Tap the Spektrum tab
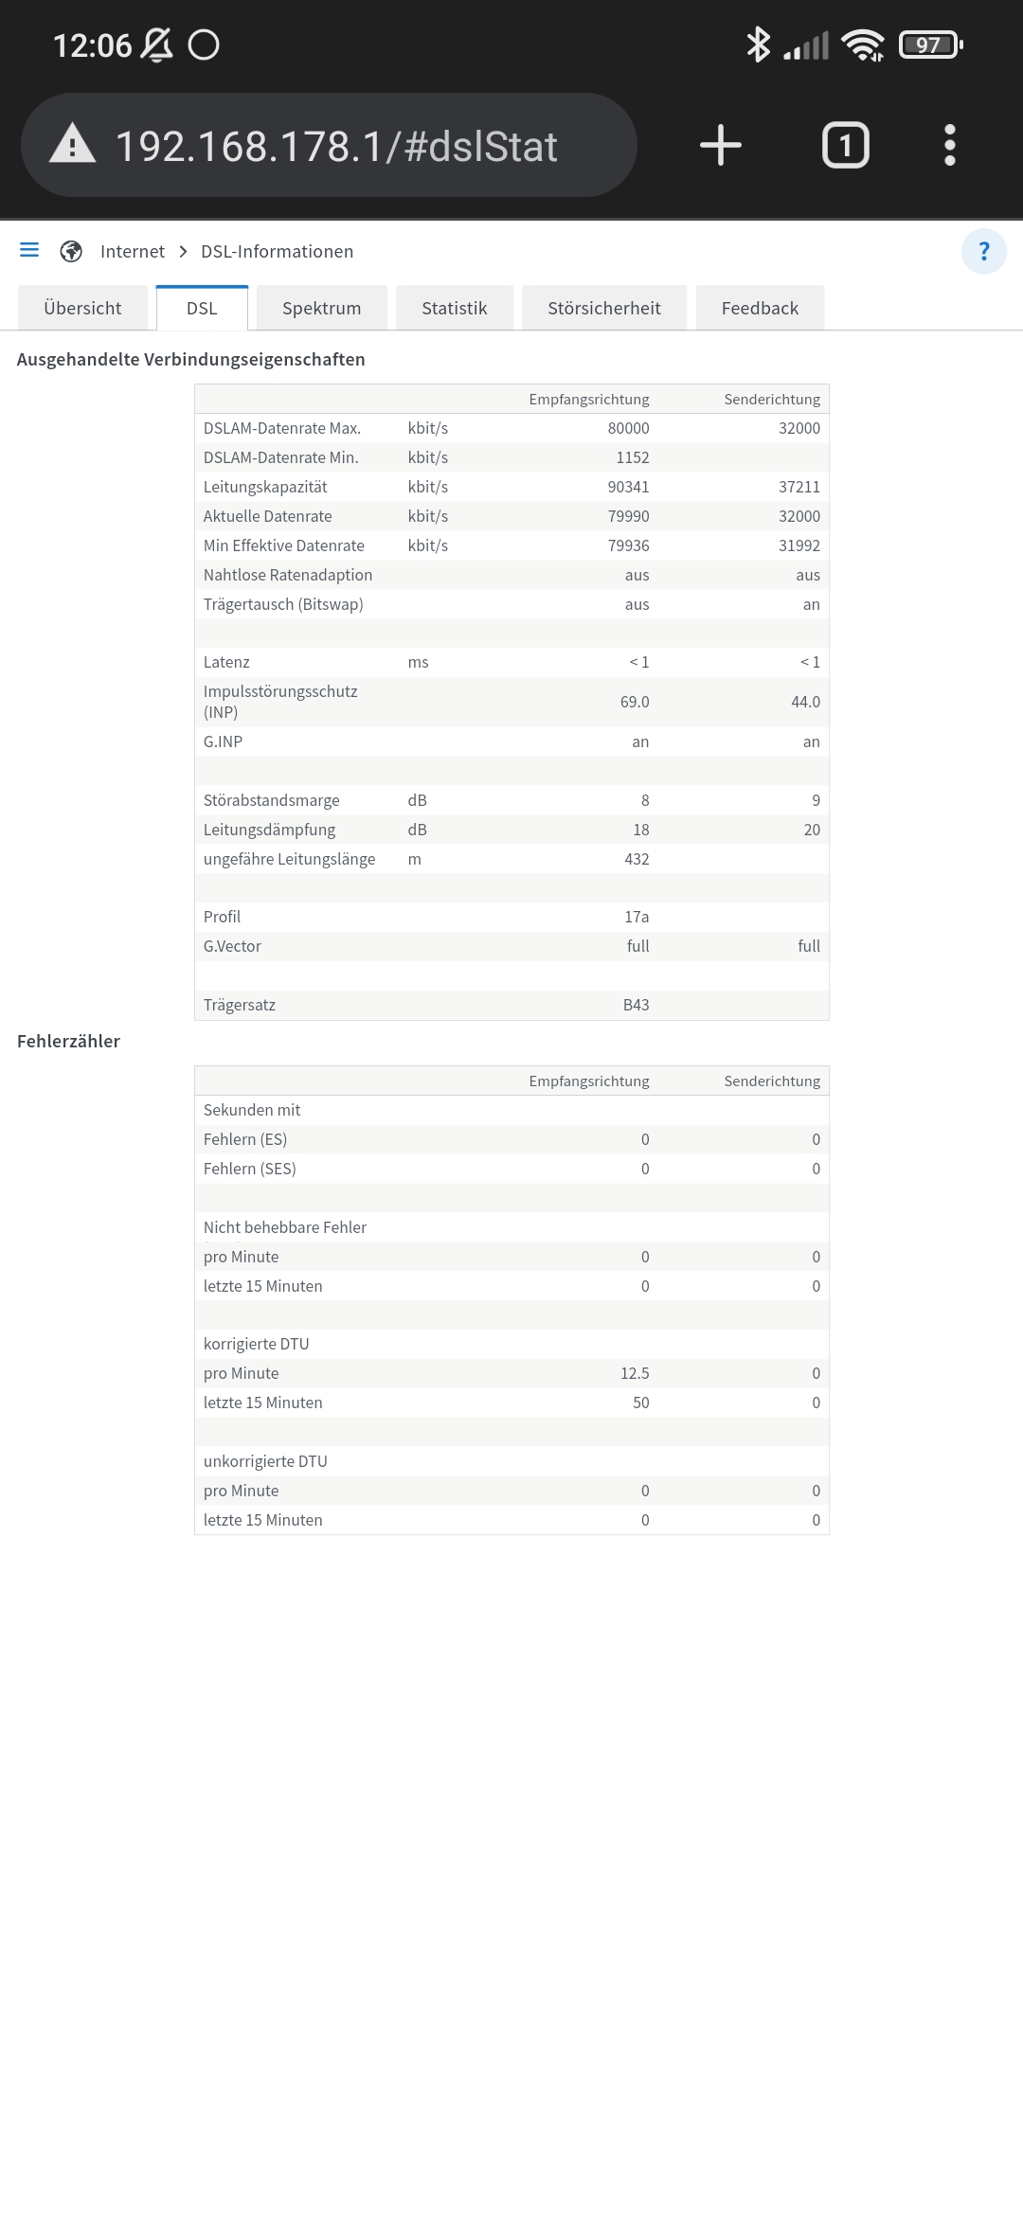321,308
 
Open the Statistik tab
454,308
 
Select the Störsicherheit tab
603,308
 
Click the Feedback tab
760,308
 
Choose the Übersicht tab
82,308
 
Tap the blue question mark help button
983,251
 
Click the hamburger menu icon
29,250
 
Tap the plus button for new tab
721,145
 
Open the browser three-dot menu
949,145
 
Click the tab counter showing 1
845,145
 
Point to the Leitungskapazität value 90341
628,487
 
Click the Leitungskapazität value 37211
799,487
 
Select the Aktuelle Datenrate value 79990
628,516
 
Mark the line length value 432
637,859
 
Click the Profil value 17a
637,917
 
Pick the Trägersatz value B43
636,1005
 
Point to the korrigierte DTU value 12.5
635,1373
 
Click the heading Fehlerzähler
68,1041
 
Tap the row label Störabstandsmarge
271,800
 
